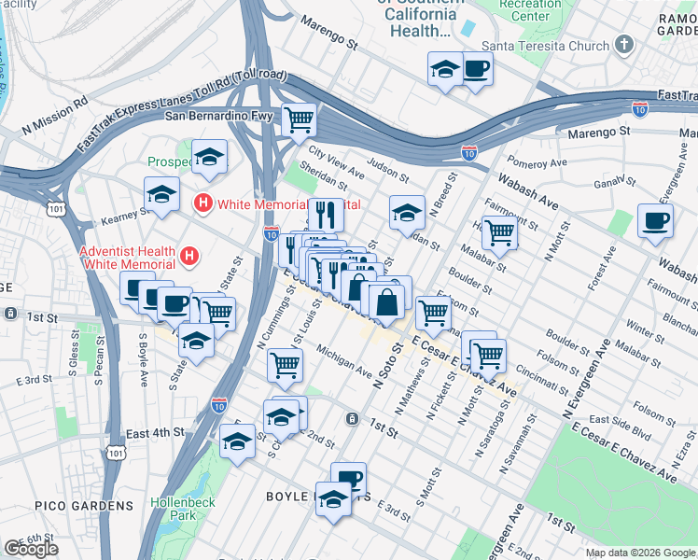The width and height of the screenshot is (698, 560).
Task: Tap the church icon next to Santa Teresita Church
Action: coord(624,45)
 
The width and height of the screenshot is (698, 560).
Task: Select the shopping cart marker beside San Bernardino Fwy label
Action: coord(299,119)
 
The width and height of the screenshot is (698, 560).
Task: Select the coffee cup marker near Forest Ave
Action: coord(653,221)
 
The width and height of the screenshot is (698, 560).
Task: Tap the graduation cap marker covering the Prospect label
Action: coord(210,158)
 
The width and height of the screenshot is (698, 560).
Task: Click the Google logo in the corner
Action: coord(31,549)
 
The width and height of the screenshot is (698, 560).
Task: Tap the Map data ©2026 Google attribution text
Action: coord(639,553)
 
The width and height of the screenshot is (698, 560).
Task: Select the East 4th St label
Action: coord(155,433)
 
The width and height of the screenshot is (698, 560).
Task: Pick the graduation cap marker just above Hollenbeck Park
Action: coord(237,442)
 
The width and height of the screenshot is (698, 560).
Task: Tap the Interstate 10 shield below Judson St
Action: coord(468,151)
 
